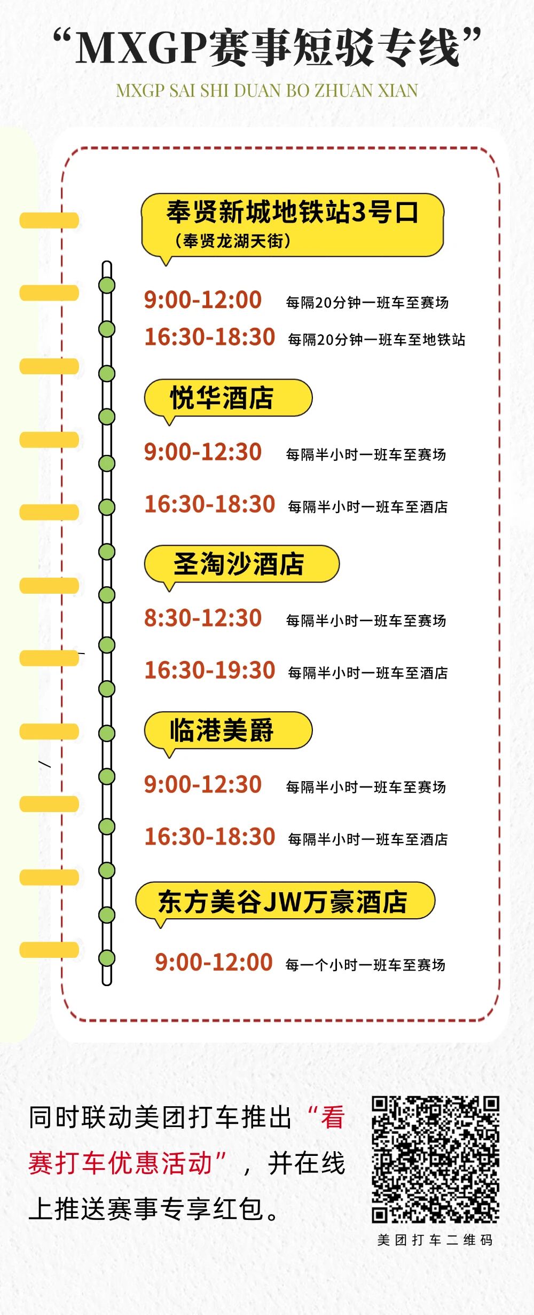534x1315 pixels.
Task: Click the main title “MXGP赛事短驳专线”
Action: coord(267,48)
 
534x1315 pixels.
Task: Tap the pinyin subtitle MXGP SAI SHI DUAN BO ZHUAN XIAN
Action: coord(267,91)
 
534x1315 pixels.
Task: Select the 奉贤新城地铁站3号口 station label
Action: coord(292,212)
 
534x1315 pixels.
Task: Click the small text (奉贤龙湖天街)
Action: coord(233,241)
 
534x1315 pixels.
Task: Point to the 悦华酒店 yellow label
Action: coord(222,398)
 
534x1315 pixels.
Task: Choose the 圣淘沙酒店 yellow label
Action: coord(239,564)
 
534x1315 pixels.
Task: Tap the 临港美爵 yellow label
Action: coord(222,730)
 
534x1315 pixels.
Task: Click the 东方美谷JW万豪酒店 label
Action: coord(283,902)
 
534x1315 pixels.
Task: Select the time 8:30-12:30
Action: coord(203,618)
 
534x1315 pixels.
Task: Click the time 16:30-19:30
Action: coord(210,671)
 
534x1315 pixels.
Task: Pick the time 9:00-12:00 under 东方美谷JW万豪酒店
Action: coord(214,962)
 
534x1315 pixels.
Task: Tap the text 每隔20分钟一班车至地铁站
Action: coord(376,340)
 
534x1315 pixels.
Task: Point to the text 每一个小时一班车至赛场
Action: coord(365,965)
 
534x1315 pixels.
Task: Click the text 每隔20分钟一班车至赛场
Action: coord(367,303)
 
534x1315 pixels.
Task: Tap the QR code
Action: coord(435,1160)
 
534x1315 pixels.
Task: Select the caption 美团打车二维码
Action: coord(435,1240)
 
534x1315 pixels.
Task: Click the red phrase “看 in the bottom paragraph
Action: coord(327,1117)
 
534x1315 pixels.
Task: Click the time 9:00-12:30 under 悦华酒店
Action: coord(203,452)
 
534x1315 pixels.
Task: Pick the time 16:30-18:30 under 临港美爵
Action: coord(210,837)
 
